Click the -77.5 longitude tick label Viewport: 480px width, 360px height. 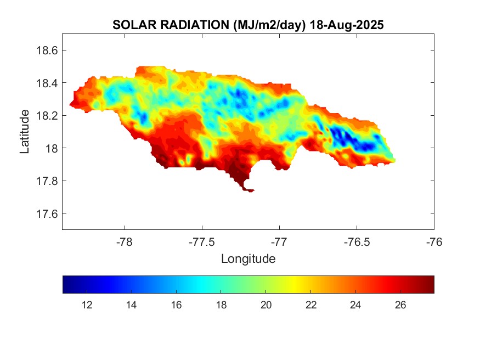coord(202,242)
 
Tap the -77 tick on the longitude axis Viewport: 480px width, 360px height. coord(279,242)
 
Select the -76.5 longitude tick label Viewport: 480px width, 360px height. coord(357,242)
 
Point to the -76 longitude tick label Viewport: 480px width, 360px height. coord(434,242)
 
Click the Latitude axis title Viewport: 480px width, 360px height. coord(25,131)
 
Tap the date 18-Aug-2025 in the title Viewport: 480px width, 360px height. coord(346,25)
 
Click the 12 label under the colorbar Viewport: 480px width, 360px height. coord(86,306)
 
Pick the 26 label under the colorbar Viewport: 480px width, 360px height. coord(400,306)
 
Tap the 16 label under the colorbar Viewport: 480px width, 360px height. coord(176,306)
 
